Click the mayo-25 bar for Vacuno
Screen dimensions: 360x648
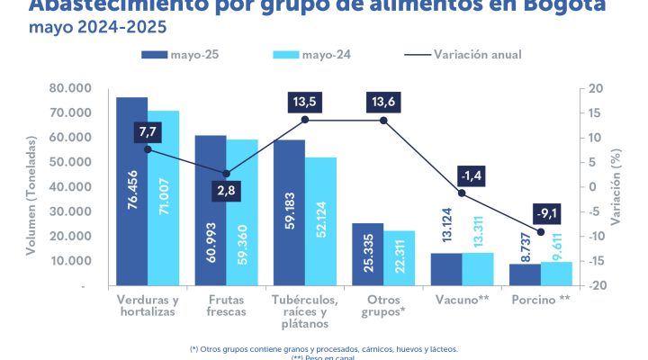(445, 269)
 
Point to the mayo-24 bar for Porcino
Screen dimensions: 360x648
(555, 274)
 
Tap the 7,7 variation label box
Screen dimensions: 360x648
(148, 131)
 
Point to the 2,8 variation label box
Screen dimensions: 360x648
(227, 192)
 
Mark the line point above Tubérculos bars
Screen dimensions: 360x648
(305, 120)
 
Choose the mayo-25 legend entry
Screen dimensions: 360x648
(180, 55)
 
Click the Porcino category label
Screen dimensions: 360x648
(540, 299)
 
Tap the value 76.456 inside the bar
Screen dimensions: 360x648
(131, 213)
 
